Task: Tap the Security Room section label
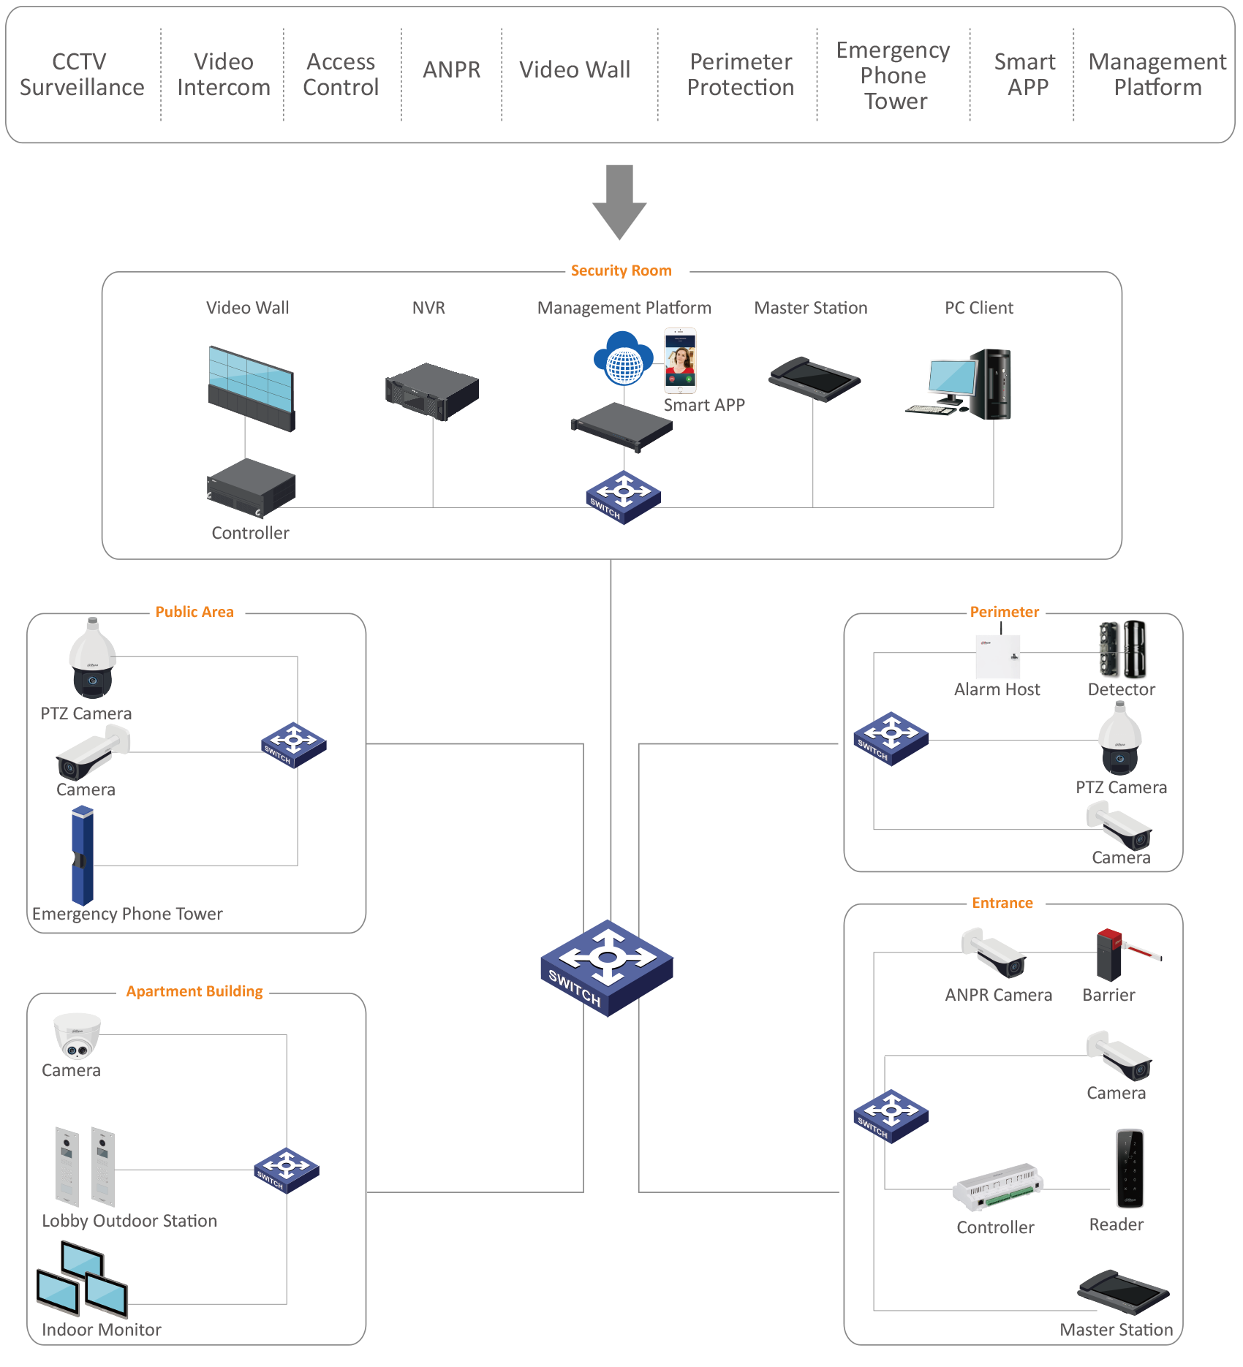click(x=621, y=270)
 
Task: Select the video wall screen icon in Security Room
click(x=251, y=387)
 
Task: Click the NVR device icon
click(x=432, y=390)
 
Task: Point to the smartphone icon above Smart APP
click(x=680, y=360)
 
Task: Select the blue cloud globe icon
click(x=623, y=359)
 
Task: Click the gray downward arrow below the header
click(x=619, y=202)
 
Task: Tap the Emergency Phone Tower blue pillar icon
click(x=83, y=855)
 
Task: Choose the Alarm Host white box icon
click(x=998, y=656)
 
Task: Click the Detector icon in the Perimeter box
click(x=1122, y=649)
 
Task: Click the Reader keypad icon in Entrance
click(x=1130, y=1168)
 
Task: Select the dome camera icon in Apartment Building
click(x=77, y=1035)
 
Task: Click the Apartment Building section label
click(x=194, y=991)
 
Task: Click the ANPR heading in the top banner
click(x=452, y=69)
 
